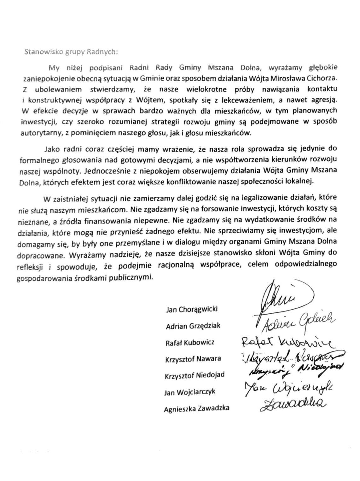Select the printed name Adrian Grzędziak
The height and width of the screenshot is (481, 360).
[x=193, y=326]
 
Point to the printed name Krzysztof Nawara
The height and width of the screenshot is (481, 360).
[x=193, y=359]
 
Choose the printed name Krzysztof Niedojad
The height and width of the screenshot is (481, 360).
[x=195, y=375]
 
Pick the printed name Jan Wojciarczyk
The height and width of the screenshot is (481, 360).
[x=190, y=392]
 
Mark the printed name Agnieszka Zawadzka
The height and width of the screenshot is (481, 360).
[x=197, y=409]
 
